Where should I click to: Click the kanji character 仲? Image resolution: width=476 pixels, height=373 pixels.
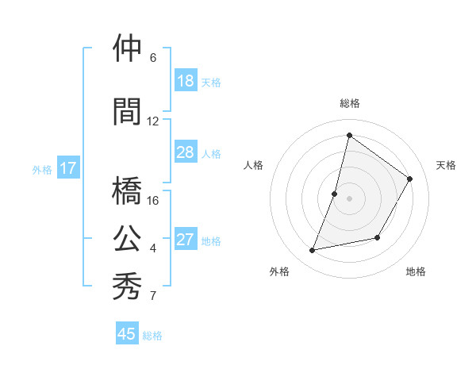pos(128,49)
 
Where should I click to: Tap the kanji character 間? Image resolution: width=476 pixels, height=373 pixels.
pos(128,112)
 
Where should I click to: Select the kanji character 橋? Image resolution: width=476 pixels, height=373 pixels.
pos(128,191)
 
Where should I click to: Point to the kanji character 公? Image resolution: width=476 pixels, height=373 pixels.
pos(128,239)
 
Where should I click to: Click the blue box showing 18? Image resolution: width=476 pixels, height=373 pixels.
pos(185,81)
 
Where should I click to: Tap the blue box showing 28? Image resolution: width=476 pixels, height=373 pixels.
pos(185,152)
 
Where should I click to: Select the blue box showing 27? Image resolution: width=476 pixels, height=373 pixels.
pos(185,240)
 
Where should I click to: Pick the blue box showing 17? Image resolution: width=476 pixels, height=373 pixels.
pos(67,168)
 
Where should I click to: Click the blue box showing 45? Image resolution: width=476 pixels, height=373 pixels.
pos(127,334)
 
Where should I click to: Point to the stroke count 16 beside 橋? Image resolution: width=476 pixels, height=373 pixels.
pos(153,201)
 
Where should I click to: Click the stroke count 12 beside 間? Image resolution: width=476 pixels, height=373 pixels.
pos(153,121)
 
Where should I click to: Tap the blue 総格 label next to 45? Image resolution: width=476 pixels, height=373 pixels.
pos(152,336)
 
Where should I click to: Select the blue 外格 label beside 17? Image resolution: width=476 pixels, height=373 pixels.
pos(42,169)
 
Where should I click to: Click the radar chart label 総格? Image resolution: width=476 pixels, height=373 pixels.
pos(349,103)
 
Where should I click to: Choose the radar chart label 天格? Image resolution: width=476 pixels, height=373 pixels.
pos(446,165)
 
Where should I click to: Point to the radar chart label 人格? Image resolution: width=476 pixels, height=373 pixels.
pos(253,165)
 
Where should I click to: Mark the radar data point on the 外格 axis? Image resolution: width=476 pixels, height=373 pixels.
pos(313,251)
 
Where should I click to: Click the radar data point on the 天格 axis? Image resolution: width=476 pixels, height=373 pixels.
pos(410,179)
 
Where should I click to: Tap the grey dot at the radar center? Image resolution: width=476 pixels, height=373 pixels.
pos(349,198)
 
